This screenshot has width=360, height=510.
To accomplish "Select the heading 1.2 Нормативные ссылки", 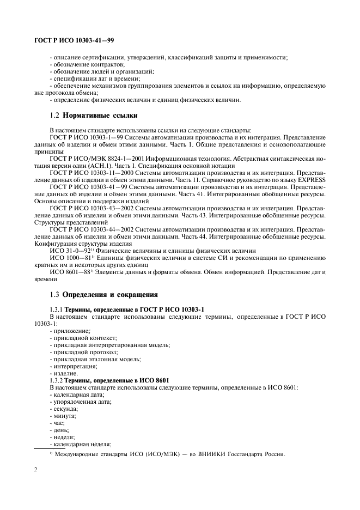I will coord(93,116).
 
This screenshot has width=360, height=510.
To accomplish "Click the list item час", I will coord(58,423).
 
